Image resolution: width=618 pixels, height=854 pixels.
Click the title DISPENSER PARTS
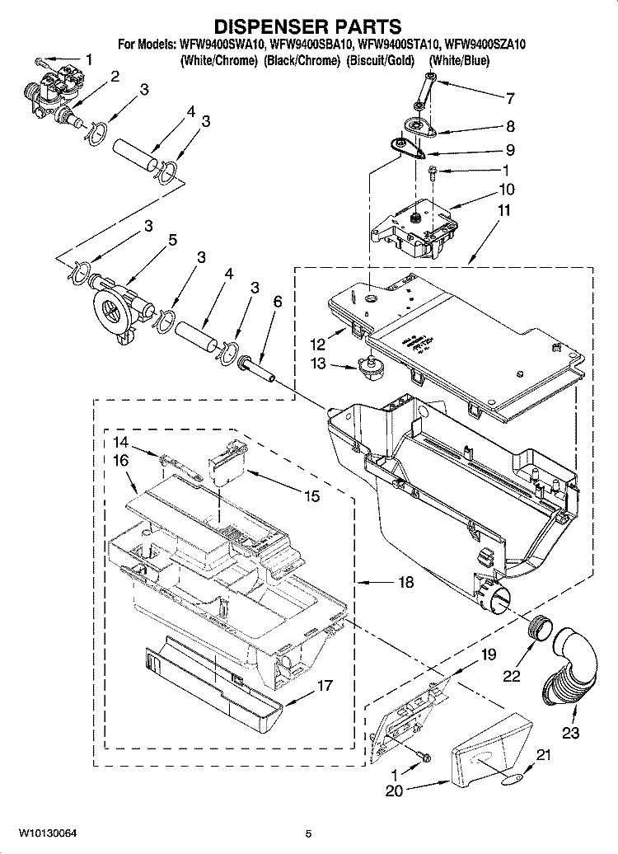(x=308, y=26)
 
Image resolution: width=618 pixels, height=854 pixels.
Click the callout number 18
(x=405, y=583)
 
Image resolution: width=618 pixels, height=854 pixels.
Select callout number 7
(x=510, y=98)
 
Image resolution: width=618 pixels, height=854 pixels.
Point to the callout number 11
(x=503, y=210)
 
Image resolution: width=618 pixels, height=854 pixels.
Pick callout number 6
(x=277, y=302)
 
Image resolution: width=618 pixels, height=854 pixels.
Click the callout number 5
(x=172, y=240)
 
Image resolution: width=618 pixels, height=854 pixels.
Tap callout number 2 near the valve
(x=115, y=77)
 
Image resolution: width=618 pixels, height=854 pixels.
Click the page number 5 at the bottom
(x=307, y=834)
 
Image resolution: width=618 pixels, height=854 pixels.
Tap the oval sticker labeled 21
(x=512, y=777)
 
